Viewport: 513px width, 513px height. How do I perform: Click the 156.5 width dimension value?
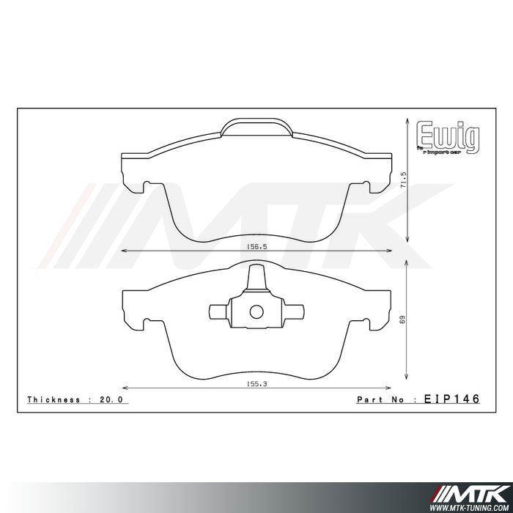click(x=256, y=247)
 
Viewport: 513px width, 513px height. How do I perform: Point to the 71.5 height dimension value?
click(x=402, y=180)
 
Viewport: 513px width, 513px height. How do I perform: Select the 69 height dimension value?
click(x=402, y=320)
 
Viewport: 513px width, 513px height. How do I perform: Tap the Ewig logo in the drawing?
click(x=448, y=136)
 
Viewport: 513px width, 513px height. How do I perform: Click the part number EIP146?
click(x=451, y=399)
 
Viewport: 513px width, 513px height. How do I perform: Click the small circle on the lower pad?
click(x=256, y=311)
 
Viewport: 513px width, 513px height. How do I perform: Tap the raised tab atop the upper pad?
click(x=256, y=129)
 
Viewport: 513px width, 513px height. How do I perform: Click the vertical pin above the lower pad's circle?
click(x=256, y=281)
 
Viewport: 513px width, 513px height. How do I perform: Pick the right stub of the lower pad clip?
click(x=295, y=311)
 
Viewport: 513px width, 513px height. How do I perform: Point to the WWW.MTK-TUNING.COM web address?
click(x=470, y=506)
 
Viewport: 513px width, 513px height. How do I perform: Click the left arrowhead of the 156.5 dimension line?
click(x=123, y=251)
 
